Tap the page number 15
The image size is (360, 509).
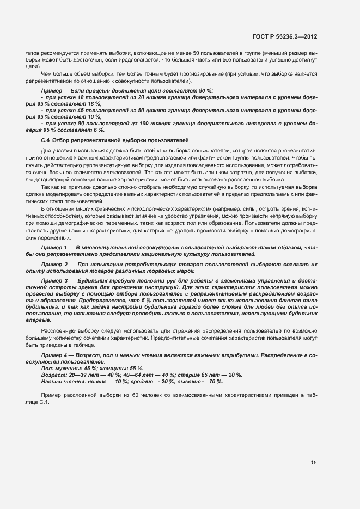tap(314, 463)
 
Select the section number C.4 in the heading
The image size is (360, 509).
tap(46, 140)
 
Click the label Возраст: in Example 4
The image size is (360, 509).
tap(53, 375)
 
